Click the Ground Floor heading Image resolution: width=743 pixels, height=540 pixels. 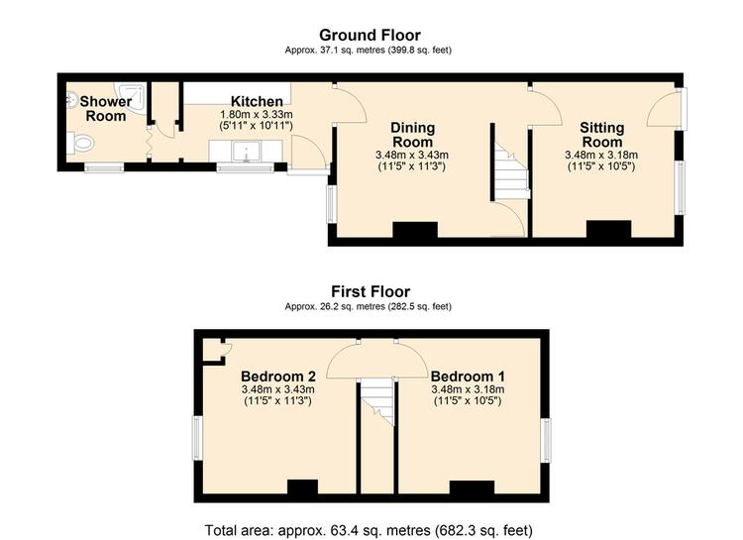pyautogui.click(x=370, y=35)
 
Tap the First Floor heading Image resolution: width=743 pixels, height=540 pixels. pyautogui.click(x=371, y=291)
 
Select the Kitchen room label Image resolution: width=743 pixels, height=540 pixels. pyautogui.click(x=257, y=101)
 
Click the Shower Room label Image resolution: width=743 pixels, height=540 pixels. pyautogui.click(x=106, y=109)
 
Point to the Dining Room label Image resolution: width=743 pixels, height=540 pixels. pyautogui.click(x=412, y=135)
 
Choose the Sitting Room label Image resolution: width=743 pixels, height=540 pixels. pyautogui.click(x=601, y=135)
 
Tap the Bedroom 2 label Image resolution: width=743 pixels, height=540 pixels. pyautogui.click(x=278, y=377)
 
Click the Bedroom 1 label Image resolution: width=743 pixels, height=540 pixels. pyautogui.click(x=468, y=377)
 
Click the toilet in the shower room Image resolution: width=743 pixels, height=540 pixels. pyautogui.click(x=80, y=143)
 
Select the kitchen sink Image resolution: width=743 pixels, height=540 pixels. pyautogui.click(x=246, y=152)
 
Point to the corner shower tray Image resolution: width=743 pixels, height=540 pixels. pyautogui.click(x=130, y=96)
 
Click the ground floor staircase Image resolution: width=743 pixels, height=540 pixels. pyautogui.click(x=511, y=170)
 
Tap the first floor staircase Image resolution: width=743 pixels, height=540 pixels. pyautogui.click(x=377, y=402)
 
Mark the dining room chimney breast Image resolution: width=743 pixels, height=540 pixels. pyautogui.click(x=415, y=230)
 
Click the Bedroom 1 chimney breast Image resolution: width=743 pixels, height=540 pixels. pyautogui.click(x=472, y=487)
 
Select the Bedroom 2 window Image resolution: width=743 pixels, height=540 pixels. pyautogui.click(x=197, y=438)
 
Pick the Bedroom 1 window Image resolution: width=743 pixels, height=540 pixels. pyautogui.click(x=546, y=440)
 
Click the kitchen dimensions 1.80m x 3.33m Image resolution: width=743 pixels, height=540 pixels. pyautogui.click(x=257, y=114)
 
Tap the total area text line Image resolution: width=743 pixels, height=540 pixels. pyautogui.click(x=369, y=529)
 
